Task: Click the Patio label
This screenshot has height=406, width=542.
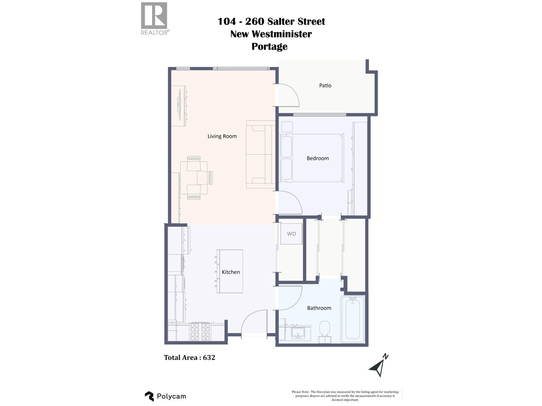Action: click(325, 86)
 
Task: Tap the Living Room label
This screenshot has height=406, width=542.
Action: click(222, 136)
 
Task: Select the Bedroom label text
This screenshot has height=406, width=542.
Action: click(317, 158)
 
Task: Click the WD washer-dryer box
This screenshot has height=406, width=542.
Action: click(291, 234)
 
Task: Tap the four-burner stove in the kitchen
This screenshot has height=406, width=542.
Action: click(200, 332)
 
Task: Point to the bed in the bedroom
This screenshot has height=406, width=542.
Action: click(312, 158)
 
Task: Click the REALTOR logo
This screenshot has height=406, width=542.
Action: click(154, 18)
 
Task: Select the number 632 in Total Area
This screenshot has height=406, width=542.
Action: click(209, 358)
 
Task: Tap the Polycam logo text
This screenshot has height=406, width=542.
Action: click(171, 396)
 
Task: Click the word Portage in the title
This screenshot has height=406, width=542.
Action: click(269, 46)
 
